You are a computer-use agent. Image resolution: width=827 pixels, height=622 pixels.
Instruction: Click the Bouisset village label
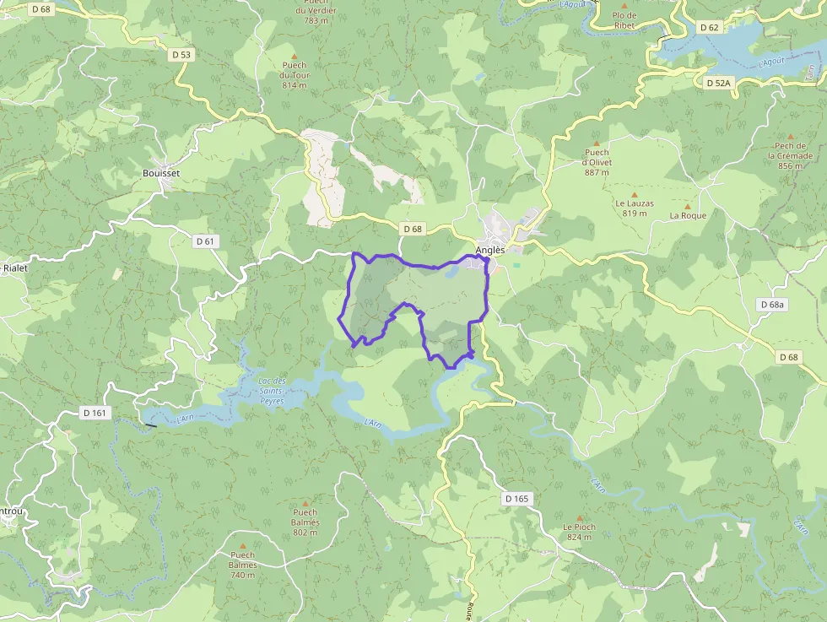point(161,172)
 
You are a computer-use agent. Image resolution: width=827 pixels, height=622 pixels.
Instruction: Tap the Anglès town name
point(490,250)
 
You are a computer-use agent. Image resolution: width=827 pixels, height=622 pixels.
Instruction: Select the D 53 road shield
point(181,55)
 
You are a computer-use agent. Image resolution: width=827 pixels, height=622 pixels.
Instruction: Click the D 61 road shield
point(205,241)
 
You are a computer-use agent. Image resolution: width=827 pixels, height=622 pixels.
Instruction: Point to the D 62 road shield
point(710,27)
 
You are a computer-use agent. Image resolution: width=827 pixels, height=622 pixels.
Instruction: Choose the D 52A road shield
point(719,83)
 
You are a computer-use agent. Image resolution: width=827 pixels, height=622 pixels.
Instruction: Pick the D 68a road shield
point(771,304)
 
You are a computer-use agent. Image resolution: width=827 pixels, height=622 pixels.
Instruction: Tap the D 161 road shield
point(95,413)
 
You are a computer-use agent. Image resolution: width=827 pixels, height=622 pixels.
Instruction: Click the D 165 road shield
point(516,499)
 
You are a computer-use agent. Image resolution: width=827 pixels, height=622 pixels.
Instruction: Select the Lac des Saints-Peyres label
point(271,391)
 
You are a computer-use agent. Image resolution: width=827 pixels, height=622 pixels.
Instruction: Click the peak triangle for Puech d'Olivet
point(596,143)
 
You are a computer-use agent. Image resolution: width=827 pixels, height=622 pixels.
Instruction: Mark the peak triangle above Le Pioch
point(579,517)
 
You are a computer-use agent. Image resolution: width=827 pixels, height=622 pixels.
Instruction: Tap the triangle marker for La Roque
point(687,206)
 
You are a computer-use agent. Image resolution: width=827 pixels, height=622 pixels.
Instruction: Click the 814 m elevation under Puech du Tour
point(295,85)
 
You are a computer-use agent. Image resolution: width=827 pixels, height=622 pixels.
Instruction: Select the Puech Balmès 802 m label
point(305,522)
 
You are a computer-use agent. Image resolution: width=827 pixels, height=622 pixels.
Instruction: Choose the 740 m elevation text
point(242,575)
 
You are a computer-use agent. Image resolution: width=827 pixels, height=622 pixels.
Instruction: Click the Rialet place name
point(15,268)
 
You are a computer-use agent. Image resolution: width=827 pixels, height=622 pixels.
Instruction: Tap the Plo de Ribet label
point(624,20)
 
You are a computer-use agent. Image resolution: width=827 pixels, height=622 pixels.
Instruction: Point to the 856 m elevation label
point(790,166)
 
